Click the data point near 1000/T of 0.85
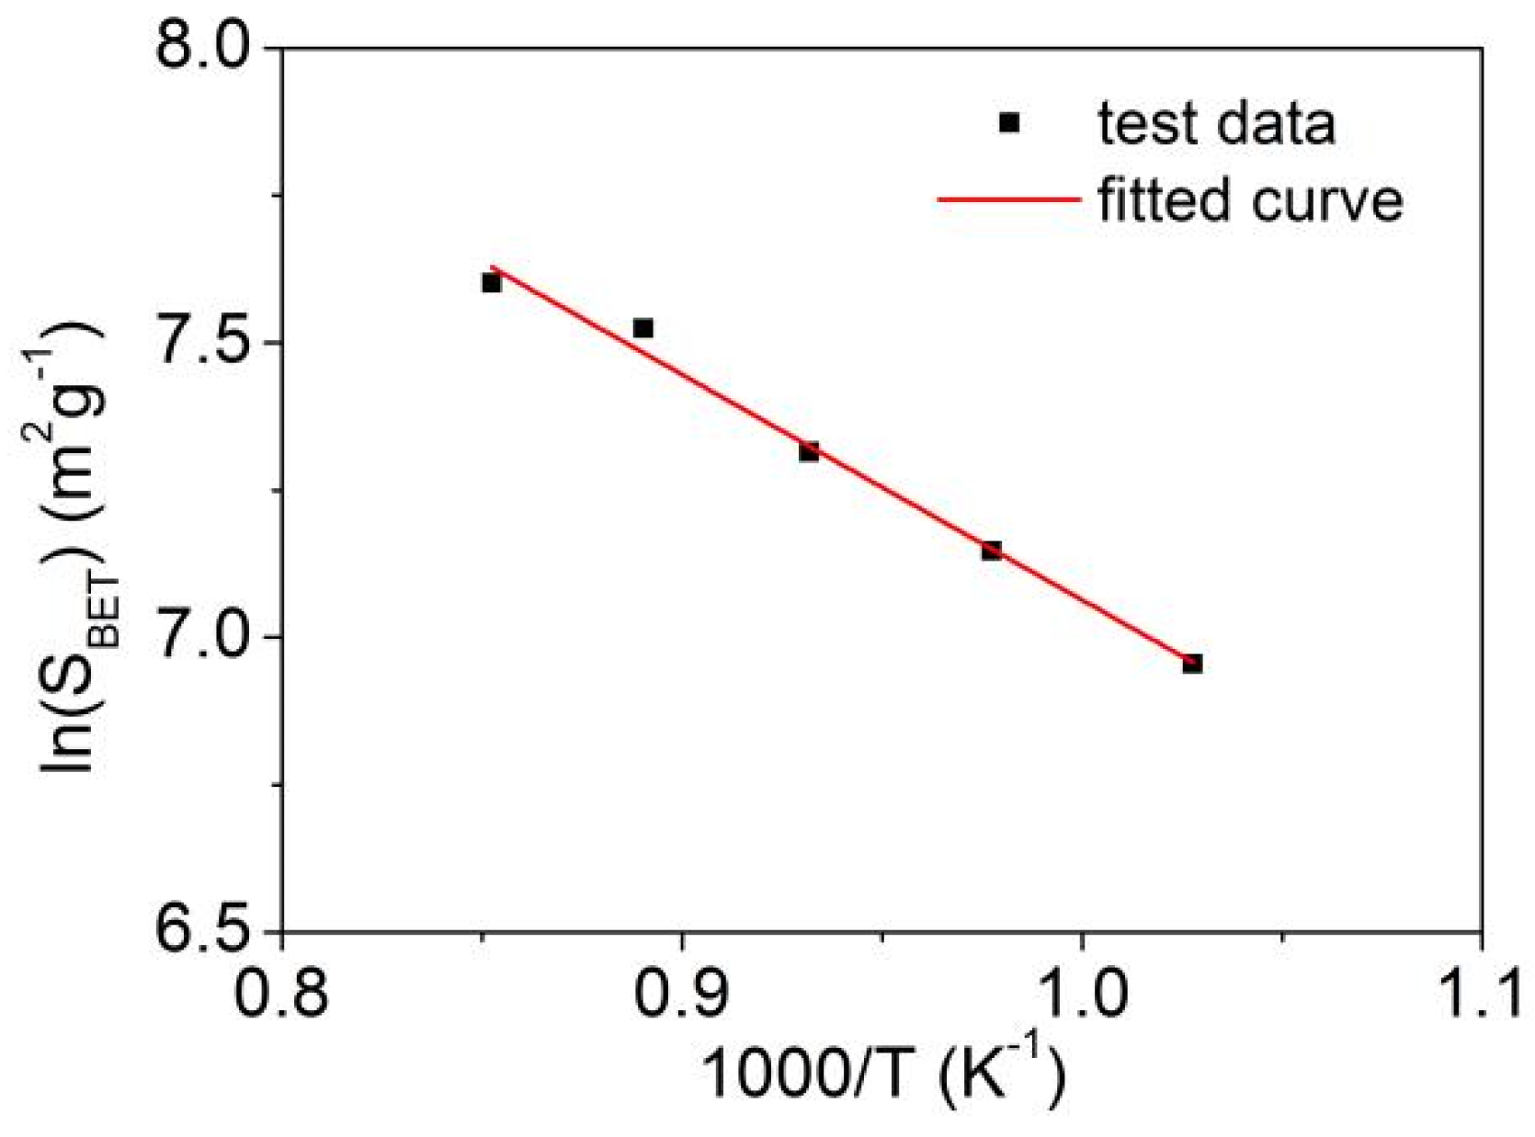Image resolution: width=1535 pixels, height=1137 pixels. click(x=491, y=283)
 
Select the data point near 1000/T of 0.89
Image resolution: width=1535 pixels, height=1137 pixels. click(x=642, y=328)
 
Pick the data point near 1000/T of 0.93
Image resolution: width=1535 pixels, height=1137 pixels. click(x=809, y=451)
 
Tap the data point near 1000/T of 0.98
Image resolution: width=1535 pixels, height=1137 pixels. click(x=991, y=551)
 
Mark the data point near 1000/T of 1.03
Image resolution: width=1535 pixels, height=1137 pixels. click(x=1192, y=664)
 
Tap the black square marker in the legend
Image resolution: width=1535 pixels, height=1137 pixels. click(x=1009, y=122)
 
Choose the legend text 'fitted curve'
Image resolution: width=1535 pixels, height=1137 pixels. click(x=1250, y=199)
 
